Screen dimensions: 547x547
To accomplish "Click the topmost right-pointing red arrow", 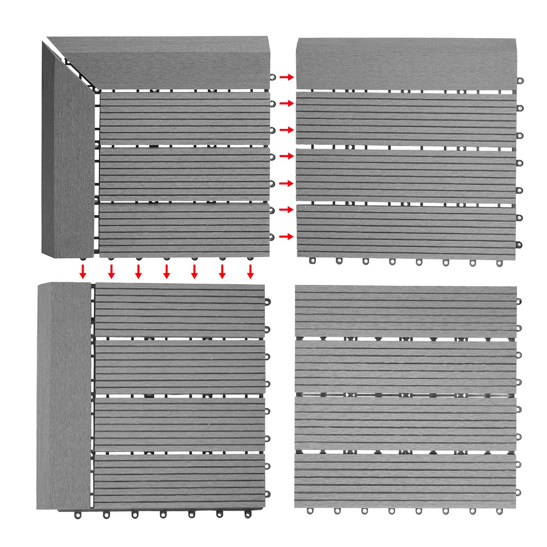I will click(x=286, y=77).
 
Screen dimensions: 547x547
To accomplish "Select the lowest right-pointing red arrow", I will click(x=286, y=237).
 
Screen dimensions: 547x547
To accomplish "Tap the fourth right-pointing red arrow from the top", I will click(x=286, y=156).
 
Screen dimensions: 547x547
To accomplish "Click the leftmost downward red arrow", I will click(x=82, y=271).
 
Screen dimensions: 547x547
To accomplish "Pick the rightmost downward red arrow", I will click(x=250, y=271).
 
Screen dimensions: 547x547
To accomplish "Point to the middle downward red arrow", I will click(x=166, y=271).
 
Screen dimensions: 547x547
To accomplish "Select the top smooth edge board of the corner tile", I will click(x=164, y=63).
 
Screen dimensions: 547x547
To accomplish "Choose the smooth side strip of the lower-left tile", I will click(x=64, y=395).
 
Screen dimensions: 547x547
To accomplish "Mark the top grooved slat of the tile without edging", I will click(x=406, y=311).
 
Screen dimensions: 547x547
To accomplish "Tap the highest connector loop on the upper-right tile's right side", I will click(x=520, y=81).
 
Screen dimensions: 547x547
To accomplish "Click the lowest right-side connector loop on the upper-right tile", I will click(x=519, y=245).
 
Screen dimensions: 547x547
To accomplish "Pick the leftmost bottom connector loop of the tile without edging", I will click(x=310, y=511).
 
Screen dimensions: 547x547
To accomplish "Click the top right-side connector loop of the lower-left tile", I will click(x=268, y=302).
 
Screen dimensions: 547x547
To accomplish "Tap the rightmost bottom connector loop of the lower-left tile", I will click(x=248, y=515).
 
